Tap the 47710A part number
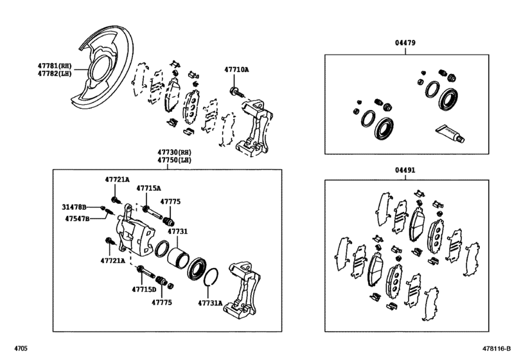pos(236,69)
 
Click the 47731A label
pos(210,303)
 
